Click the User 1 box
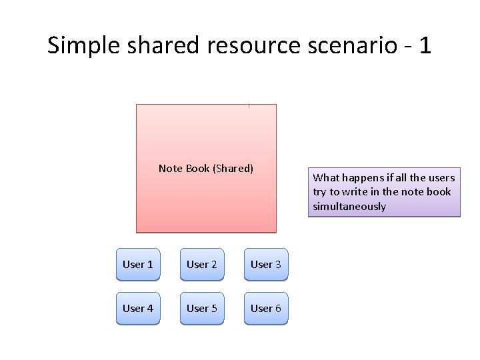pos(138,265)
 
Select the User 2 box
pos(202,265)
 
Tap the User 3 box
pos(266,265)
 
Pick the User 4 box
pos(138,308)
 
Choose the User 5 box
pos(202,308)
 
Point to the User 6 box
pos(266,308)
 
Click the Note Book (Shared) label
pos(206,169)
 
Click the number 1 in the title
pos(425,45)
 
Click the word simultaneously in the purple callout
pos(349,207)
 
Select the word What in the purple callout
pos(326,177)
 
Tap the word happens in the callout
pos(362,177)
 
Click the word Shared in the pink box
pos(233,169)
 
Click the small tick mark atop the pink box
pos(249,105)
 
